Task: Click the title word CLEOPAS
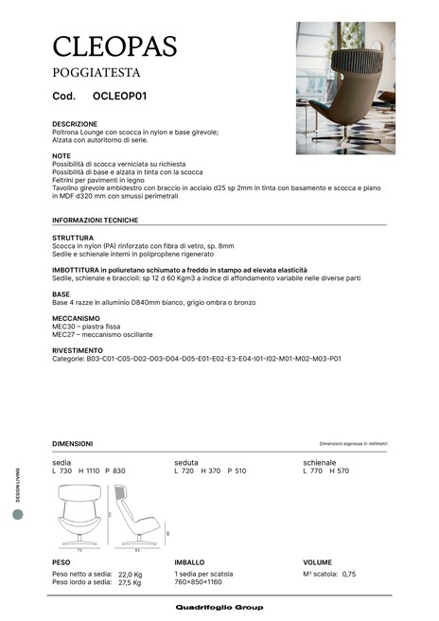point(114,44)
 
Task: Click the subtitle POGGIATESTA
point(97,72)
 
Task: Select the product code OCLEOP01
point(119,97)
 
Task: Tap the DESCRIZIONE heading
point(75,124)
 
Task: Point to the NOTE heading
point(61,155)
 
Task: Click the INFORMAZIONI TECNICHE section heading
point(96,220)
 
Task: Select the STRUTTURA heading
point(73,238)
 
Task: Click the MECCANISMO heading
point(76,319)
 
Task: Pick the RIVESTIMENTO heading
point(78,350)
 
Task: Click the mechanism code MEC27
point(63,334)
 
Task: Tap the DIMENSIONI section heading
point(72,443)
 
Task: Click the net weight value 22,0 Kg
point(130,574)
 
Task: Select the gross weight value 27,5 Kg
point(130,582)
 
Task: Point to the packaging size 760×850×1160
point(202,582)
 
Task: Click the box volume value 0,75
point(349,574)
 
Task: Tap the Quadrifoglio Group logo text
point(219,607)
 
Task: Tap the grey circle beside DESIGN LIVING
point(17,514)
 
